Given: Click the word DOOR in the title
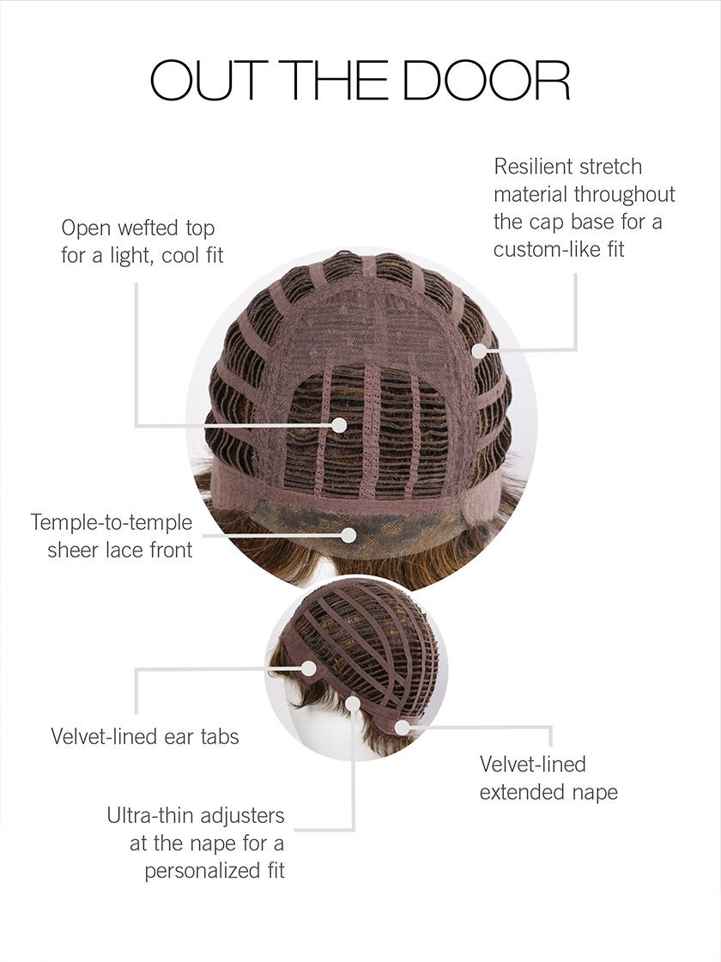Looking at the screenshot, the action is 487,80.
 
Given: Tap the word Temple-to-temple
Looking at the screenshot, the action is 112,523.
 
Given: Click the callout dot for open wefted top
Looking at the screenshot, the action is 339,424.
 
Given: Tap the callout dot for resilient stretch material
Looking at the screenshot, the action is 479,351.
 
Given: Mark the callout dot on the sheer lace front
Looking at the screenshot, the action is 348,536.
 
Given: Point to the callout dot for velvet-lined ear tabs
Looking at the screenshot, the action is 309,669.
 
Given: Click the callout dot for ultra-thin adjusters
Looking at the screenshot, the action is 353,703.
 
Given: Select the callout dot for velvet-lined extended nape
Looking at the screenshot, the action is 403,728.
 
